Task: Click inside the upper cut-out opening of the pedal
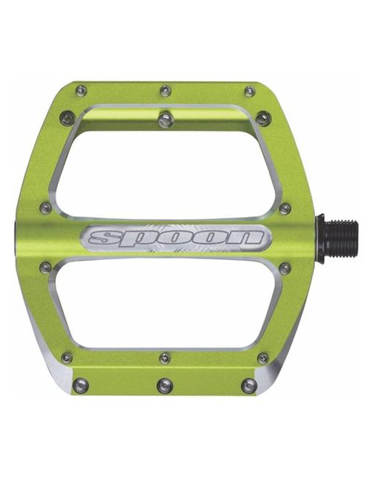[x=165, y=171]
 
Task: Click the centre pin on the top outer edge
[x=166, y=91]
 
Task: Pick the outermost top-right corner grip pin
[x=250, y=91]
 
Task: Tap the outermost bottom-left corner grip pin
[x=81, y=385]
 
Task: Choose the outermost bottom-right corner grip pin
[x=250, y=385]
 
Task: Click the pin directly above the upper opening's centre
[x=165, y=117]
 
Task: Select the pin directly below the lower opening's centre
[x=165, y=358]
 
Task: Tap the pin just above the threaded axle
[x=285, y=209]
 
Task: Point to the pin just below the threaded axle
[x=285, y=268]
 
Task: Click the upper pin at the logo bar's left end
[x=46, y=209]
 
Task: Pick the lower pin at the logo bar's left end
[x=46, y=267]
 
